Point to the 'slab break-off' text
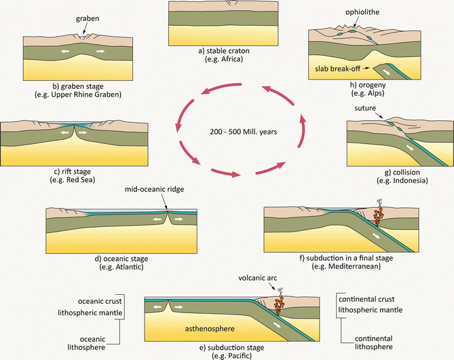336,69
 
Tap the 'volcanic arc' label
276,277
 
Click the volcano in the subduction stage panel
278,303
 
